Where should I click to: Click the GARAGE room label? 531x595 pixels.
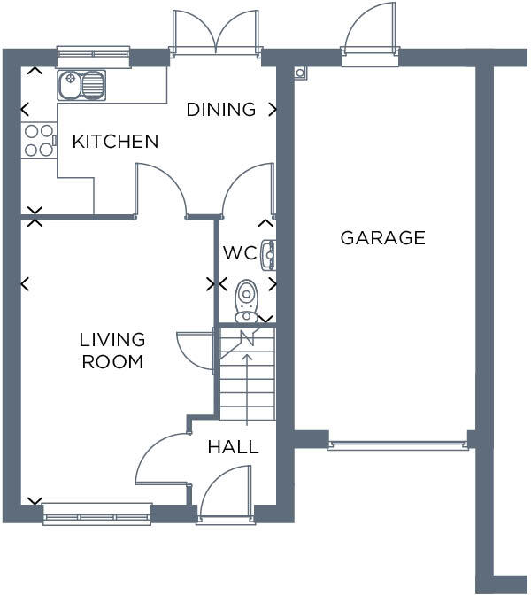pyautogui.click(x=382, y=238)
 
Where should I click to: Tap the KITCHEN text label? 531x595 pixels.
pyautogui.click(x=115, y=142)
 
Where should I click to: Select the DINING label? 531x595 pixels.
pyautogui.click(x=220, y=110)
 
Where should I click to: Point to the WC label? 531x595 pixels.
pyautogui.click(x=239, y=253)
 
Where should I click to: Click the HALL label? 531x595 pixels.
pyautogui.click(x=233, y=447)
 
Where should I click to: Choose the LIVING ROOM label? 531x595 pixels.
pyautogui.click(x=112, y=351)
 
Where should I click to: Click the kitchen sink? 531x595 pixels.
pyautogui.click(x=82, y=86)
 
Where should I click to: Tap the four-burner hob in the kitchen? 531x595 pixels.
pyautogui.click(x=38, y=141)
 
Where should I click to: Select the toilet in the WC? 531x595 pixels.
pyautogui.click(x=246, y=301)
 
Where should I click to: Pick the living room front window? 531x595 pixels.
pyautogui.click(x=96, y=513)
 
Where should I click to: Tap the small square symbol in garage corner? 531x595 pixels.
pyautogui.click(x=301, y=72)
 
